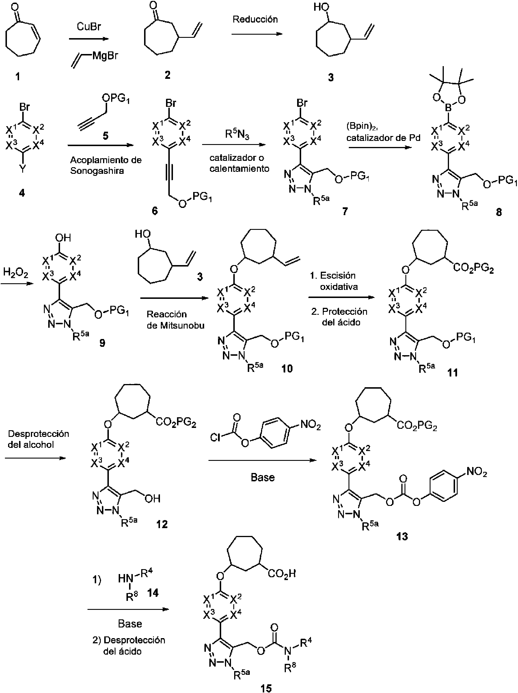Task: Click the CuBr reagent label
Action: point(89,27)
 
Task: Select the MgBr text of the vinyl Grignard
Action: point(105,56)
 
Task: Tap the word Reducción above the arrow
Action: point(255,19)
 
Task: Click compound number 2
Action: point(168,75)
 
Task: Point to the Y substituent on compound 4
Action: point(23,169)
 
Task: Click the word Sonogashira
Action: point(97,171)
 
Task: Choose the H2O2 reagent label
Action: point(15,273)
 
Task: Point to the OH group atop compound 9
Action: point(63,238)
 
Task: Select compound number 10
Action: point(287,368)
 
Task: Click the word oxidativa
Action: point(339,287)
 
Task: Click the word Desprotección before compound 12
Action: point(38,434)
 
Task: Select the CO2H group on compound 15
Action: point(282,574)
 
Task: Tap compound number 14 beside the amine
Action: point(153,593)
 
